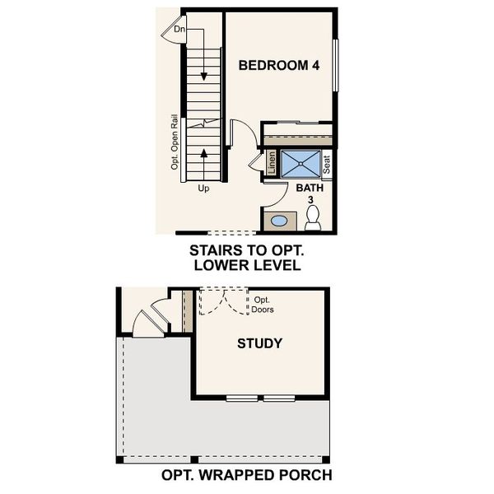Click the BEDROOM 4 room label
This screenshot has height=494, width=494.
pyautogui.click(x=278, y=66)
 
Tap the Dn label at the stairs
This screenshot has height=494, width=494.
pyautogui.click(x=179, y=30)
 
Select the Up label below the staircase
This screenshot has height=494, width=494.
pyautogui.click(x=203, y=189)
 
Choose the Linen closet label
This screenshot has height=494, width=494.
pyautogui.click(x=271, y=163)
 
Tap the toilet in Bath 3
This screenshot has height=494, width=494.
pyautogui.click(x=313, y=217)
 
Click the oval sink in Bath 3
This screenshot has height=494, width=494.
pyautogui.click(x=280, y=221)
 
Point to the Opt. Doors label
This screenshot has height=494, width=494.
pyautogui.click(x=263, y=305)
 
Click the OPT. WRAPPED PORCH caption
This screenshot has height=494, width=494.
pyautogui.click(x=246, y=475)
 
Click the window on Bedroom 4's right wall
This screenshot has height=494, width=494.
pyautogui.click(x=335, y=65)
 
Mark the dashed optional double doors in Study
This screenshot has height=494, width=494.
pyautogui.click(x=225, y=301)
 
